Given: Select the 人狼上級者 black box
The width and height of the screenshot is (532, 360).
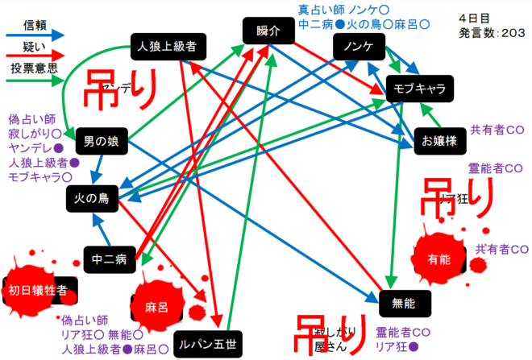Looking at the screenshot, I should pos(168,47).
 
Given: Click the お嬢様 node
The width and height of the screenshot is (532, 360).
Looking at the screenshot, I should pos(439,140).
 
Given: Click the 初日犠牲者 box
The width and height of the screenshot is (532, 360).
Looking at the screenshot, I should pos(37,289).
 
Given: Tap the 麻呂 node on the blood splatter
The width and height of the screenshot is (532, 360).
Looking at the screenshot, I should pos(156,308).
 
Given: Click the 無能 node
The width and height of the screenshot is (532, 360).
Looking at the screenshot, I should pos(403,303).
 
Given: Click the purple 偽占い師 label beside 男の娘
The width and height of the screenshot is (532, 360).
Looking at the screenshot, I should pos(31,118).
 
